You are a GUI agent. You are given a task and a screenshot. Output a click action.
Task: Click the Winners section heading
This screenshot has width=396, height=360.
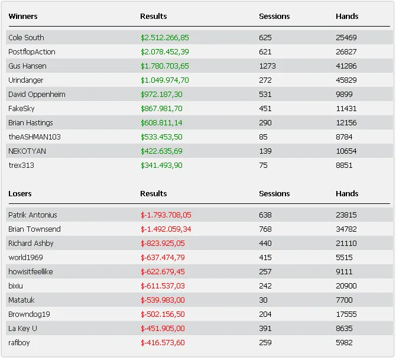(x=23, y=17)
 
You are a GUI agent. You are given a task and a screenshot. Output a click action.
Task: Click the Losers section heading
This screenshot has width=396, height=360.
(x=20, y=194)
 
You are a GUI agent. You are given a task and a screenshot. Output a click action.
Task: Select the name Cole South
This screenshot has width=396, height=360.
(x=26, y=38)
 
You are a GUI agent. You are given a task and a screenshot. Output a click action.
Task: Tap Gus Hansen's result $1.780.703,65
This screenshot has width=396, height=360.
(x=165, y=66)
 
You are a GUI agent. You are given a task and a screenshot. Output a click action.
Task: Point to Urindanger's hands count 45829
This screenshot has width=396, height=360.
(x=346, y=80)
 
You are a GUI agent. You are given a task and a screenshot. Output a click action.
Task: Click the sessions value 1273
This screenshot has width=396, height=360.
(x=267, y=66)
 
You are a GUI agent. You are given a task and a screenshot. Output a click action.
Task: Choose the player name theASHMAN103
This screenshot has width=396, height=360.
(x=34, y=137)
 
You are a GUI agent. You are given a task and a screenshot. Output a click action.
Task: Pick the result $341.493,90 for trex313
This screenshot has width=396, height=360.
(x=161, y=166)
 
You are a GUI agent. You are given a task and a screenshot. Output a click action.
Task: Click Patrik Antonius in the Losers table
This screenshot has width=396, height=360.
(x=33, y=215)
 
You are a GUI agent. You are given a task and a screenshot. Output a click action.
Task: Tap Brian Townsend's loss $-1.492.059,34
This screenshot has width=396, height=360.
(x=166, y=229)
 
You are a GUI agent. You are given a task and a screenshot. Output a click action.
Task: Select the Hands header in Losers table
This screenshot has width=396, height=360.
(x=347, y=194)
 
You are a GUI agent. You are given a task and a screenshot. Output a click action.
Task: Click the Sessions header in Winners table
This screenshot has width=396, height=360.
(x=274, y=17)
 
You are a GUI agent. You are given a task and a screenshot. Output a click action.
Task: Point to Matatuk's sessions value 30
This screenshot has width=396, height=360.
(x=263, y=300)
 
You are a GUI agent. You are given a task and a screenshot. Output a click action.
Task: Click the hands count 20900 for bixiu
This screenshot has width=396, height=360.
(x=346, y=286)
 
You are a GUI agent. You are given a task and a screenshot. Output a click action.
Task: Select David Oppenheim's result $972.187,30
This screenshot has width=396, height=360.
(x=161, y=95)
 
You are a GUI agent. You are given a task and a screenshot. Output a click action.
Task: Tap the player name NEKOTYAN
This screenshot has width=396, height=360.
(x=27, y=151)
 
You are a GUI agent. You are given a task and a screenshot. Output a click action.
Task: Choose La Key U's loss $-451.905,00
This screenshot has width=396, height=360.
(x=163, y=329)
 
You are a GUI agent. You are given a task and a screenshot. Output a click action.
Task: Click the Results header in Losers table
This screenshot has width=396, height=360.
(x=154, y=194)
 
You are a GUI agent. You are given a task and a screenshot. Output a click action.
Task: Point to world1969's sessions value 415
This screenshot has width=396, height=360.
(x=265, y=258)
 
